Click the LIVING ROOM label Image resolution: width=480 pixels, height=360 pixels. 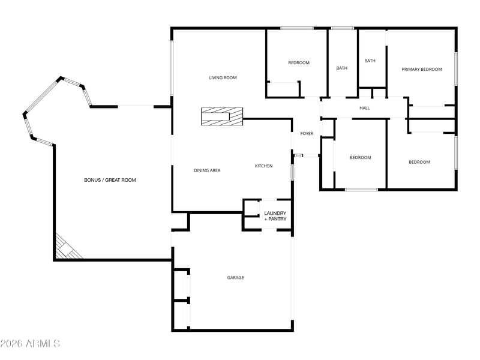tap(223, 78)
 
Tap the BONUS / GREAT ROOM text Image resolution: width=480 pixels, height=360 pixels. tap(110, 180)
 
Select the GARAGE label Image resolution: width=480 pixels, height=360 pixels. tap(235, 278)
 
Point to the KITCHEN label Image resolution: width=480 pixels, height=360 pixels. tap(263, 166)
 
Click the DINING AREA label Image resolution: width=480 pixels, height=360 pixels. tap(207, 170)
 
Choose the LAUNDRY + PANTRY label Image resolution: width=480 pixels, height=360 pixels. tap(275, 216)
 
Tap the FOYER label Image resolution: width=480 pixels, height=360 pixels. tap(307, 133)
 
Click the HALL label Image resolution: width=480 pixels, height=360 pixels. tap(364, 108)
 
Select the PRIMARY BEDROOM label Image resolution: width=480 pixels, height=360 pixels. tap(422, 70)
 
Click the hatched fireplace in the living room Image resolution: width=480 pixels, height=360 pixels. tap(222, 116)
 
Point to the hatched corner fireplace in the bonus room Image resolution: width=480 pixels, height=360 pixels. tap(67, 248)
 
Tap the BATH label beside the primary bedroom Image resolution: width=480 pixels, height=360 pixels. tap(370, 61)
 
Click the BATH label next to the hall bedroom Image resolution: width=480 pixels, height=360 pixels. tap(341, 68)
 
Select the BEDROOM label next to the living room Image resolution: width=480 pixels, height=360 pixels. tap(299, 63)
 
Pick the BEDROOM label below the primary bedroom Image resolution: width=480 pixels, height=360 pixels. tap(419, 162)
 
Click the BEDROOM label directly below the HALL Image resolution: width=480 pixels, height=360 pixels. tap(361, 158)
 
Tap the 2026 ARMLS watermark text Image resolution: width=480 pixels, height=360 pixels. tap(30, 343)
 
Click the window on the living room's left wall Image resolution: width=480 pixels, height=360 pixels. tap(172, 68)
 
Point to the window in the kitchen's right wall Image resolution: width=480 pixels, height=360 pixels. tap(292, 172)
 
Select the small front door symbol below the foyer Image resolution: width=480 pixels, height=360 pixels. tap(298, 155)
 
